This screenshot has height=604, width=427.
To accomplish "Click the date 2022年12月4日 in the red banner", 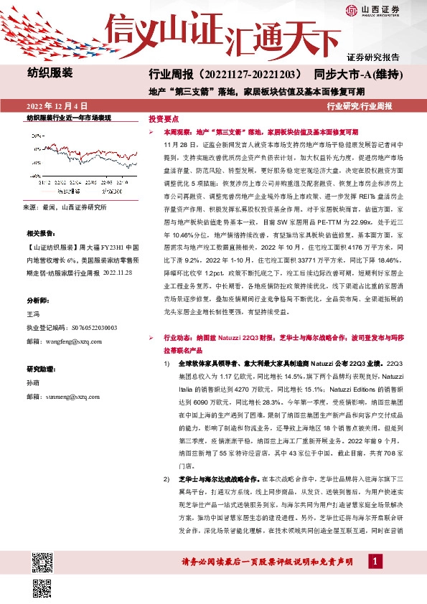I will [x=62, y=105].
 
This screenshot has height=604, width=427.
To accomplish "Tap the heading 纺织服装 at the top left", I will [x=50, y=73].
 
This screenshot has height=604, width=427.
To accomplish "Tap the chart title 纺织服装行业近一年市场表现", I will [x=69, y=118].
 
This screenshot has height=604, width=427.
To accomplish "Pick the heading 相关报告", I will [x=39, y=234].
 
